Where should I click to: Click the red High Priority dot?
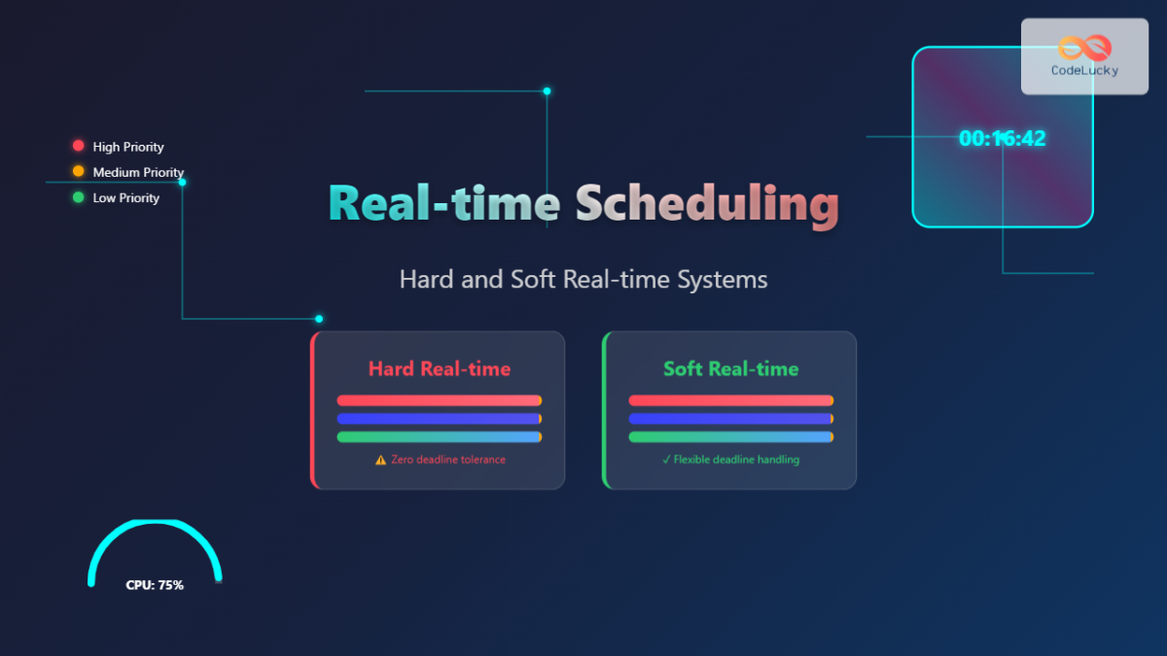click(79, 146)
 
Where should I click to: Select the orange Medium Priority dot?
click(79, 171)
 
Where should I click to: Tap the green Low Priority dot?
click(79, 197)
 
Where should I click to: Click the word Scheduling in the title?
click(707, 204)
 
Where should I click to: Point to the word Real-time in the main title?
click(444, 204)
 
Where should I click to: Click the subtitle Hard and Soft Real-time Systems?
click(583, 280)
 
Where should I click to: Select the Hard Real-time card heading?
click(440, 369)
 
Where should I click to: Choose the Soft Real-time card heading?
click(731, 369)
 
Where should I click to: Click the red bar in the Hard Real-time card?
click(439, 400)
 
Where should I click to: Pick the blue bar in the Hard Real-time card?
click(439, 419)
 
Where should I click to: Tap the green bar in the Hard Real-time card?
click(439, 437)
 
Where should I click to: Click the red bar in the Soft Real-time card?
click(730, 400)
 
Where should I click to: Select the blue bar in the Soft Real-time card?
click(730, 419)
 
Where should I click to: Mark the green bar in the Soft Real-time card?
click(730, 437)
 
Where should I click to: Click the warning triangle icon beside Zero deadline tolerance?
click(380, 460)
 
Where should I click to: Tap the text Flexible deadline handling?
click(736, 460)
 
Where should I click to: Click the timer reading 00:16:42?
click(1002, 139)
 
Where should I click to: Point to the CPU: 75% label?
click(155, 585)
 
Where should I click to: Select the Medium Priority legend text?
click(138, 172)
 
